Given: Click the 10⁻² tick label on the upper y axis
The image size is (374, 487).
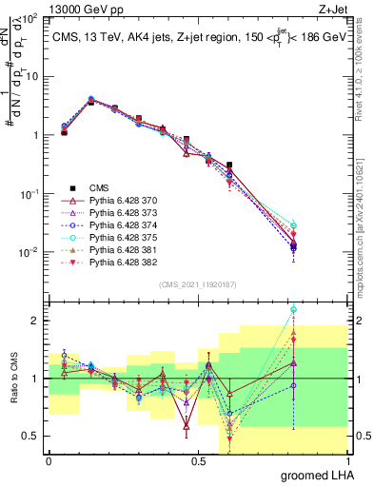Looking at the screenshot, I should (x=30, y=252).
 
